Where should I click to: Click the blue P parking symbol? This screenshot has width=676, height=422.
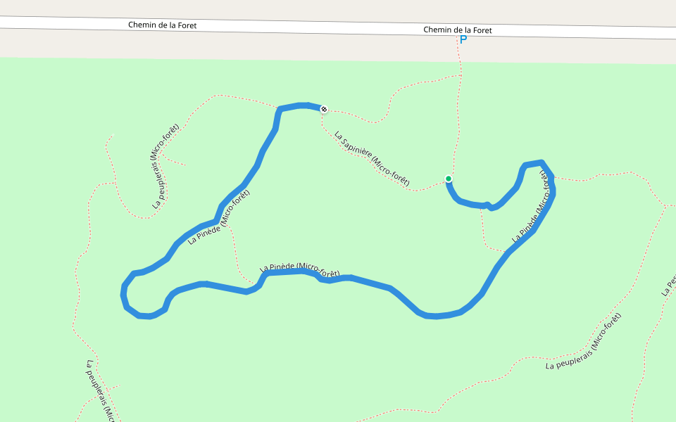tap(463, 40)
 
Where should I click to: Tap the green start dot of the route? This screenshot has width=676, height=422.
tap(448, 179)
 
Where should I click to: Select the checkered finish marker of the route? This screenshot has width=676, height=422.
tap(323, 109)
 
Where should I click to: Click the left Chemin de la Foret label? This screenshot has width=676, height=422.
tap(162, 25)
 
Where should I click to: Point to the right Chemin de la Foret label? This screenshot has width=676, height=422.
tap(457, 30)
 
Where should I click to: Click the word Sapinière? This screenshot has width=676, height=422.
tap(356, 148)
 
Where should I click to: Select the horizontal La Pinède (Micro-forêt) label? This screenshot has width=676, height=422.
tap(300, 269)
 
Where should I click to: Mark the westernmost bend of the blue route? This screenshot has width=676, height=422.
tap(124, 292)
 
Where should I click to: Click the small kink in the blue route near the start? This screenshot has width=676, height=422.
tap(488, 205)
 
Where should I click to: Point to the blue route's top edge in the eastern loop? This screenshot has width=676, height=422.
tap(533, 164)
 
